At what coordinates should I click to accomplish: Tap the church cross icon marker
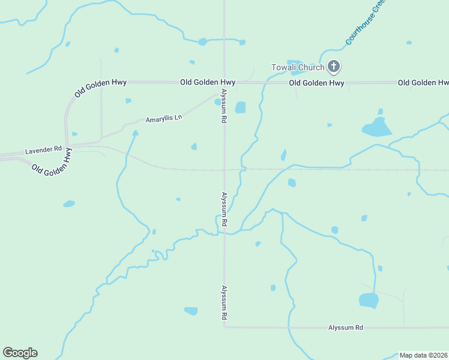pyautogui.click(x=334, y=67)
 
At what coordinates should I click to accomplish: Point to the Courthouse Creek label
pyautogui.click(x=366, y=23)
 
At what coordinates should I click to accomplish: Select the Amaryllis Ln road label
pyautogui.click(x=163, y=118)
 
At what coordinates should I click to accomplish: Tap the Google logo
pyautogui.click(x=20, y=353)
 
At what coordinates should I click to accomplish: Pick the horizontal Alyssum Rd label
pyautogui.click(x=346, y=328)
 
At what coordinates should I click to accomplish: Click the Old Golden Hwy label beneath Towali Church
pyautogui.click(x=316, y=83)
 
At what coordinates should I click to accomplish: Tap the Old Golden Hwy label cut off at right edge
pyautogui.click(x=423, y=82)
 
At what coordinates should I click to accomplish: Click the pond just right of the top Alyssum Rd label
pyautogui.click(x=240, y=107)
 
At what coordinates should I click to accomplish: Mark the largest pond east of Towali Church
pyautogui.click(x=376, y=127)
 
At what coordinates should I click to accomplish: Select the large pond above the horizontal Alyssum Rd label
pyautogui.click(x=369, y=300)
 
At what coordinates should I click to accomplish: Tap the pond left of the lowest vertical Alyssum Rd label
pyautogui.click(x=191, y=311)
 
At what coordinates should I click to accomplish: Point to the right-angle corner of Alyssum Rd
pyautogui.click(x=224, y=327)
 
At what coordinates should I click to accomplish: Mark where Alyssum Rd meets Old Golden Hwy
pyautogui.click(x=224, y=82)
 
